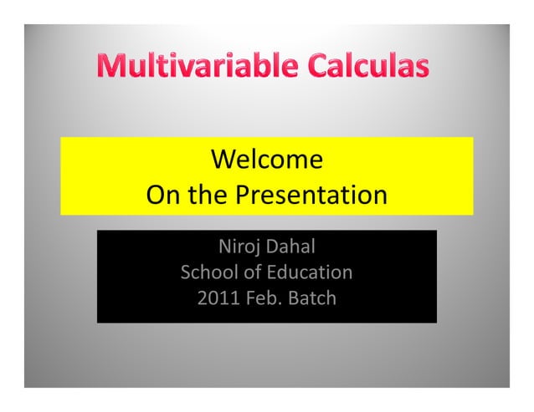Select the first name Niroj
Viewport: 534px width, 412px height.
236,248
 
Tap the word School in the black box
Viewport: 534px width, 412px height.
208,272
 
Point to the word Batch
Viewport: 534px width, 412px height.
311,297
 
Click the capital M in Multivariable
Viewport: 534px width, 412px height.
105,66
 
